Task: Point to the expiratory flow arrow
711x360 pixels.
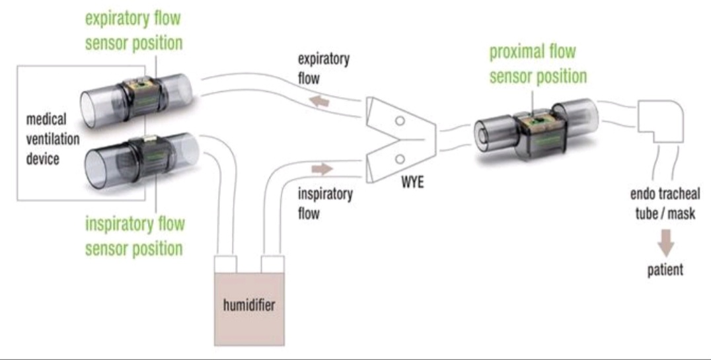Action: (322, 100)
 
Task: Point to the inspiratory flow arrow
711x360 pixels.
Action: (322, 170)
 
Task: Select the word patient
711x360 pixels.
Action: (665, 270)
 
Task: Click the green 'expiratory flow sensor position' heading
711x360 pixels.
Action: (133, 31)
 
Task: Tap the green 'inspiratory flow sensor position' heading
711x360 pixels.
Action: (134, 236)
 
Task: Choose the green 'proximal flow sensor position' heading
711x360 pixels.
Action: (537, 64)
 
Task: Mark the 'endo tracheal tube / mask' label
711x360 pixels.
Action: (662, 204)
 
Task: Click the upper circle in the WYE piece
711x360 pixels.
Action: (399, 121)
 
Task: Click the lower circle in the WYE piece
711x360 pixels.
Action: (399, 159)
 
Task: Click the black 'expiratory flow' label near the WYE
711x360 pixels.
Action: (323, 68)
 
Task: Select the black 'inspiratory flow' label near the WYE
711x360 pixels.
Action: (325, 203)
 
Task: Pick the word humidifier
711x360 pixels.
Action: (248, 305)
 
